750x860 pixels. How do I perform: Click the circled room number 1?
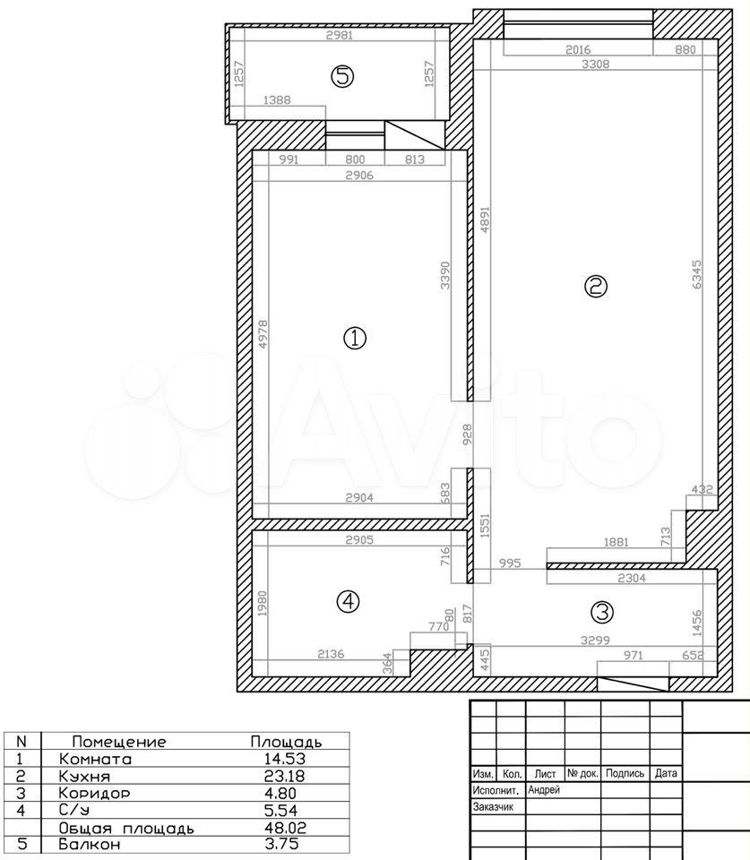click(x=355, y=338)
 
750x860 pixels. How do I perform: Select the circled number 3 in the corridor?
click(x=602, y=612)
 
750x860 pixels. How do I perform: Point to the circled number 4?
click(x=348, y=602)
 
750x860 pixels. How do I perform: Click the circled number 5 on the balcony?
click(x=342, y=75)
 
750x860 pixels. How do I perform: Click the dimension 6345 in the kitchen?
click(x=697, y=275)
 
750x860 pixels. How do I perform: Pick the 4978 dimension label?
click(x=263, y=334)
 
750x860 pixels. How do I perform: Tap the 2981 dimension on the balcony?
click(x=339, y=36)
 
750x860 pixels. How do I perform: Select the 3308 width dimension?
click(x=595, y=64)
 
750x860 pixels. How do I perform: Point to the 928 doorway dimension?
click(x=467, y=434)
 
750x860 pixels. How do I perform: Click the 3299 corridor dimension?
click(x=595, y=640)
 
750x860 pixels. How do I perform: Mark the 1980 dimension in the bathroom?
click(x=262, y=603)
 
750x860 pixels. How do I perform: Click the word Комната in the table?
click(x=96, y=760)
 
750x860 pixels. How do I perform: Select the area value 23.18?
click(x=285, y=776)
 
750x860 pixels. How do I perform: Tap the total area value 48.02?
click(x=285, y=827)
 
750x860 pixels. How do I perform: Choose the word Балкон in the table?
click(x=90, y=844)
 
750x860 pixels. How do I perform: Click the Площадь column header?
click(x=286, y=743)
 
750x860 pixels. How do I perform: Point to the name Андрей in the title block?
click(x=544, y=790)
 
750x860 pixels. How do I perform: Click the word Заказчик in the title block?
click(x=493, y=807)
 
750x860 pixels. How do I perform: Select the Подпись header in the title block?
click(x=625, y=773)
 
